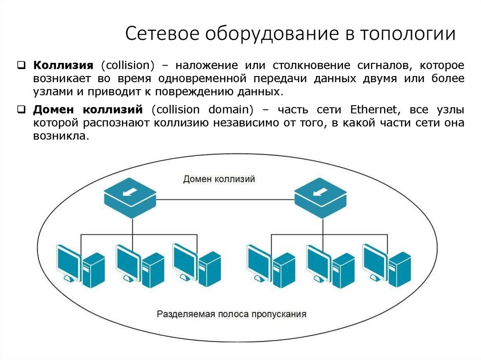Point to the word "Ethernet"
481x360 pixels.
(x=371, y=111)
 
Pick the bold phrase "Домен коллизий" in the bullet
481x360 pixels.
(x=87, y=111)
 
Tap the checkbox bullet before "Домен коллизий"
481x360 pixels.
(x=22, y=111)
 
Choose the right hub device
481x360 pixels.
(x=321, y=199)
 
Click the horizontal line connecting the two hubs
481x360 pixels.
(x=225, y=199)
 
